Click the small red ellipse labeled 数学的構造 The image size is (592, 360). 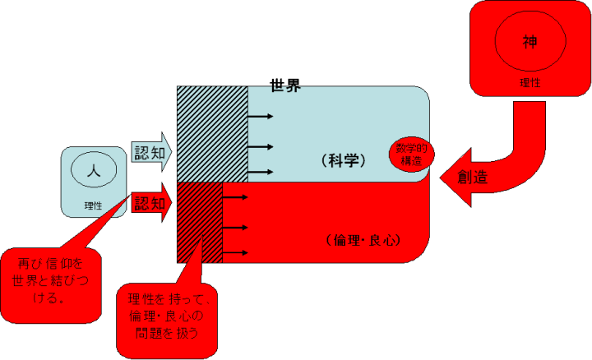point(411,153)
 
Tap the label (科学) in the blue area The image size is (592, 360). point(346,160)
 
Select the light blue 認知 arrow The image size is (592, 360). point(151,152)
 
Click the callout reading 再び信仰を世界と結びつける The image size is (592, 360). point(52,279)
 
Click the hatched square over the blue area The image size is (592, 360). point(212,133)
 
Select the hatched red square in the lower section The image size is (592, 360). point(200,222)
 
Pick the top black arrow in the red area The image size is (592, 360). point(236,198)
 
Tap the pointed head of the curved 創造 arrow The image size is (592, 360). point(448,176)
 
